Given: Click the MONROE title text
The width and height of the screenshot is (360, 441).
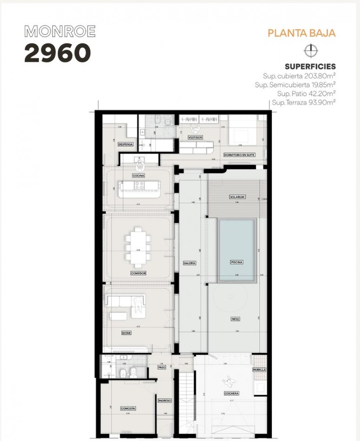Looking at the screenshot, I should click(60, 32).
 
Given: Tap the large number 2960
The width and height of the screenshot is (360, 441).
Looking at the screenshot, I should click(57, 53).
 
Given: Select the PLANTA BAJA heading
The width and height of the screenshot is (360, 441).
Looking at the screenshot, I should click(301, 33).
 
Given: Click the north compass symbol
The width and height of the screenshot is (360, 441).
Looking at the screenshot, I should click(309, 50).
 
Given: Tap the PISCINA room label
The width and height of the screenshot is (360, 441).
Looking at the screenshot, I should click(236, 262).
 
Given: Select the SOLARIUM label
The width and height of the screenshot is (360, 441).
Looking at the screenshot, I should click(237, 197).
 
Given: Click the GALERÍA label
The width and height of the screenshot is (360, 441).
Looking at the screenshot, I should click(190, 263).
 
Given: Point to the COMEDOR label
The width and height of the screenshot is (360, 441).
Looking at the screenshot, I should click(138, 273).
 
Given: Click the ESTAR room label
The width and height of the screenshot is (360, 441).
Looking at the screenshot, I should click(126, 333).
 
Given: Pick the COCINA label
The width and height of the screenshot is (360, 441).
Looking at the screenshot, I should click(138, 176).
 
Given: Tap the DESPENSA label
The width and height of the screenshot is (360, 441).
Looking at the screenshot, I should click(126, 144).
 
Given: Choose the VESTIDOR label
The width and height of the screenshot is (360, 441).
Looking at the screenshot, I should click(195, 137).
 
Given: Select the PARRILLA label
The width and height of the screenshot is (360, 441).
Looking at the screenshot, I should click(260, 370).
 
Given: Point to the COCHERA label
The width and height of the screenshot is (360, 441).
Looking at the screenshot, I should click(231, 393).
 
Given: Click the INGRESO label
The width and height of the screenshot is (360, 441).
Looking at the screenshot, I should click(164, 400).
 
